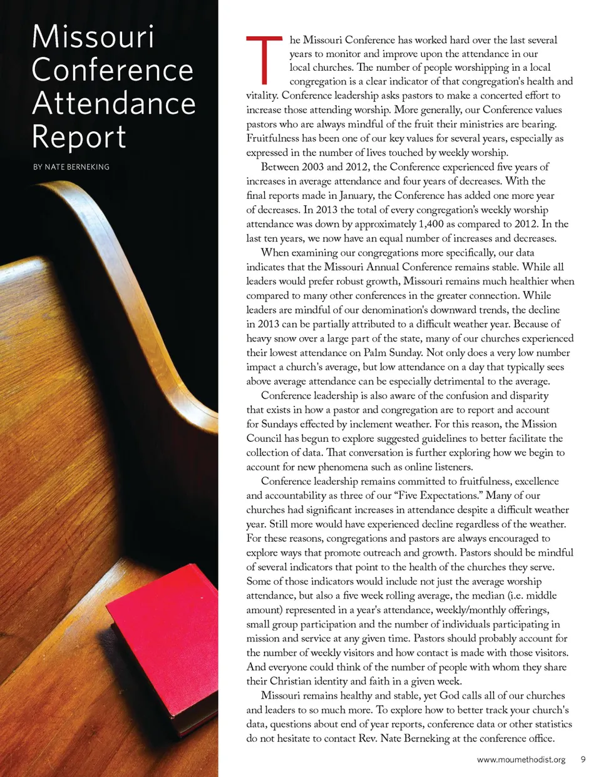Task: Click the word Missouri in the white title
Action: coord(93,37)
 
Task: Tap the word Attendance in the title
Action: coord(114,103)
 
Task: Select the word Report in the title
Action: coord(79,137)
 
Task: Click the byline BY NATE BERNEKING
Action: coord(71,167)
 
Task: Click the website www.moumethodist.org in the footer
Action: coord(521,759)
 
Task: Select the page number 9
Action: coord(583,759)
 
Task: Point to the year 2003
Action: coord(313,167)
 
